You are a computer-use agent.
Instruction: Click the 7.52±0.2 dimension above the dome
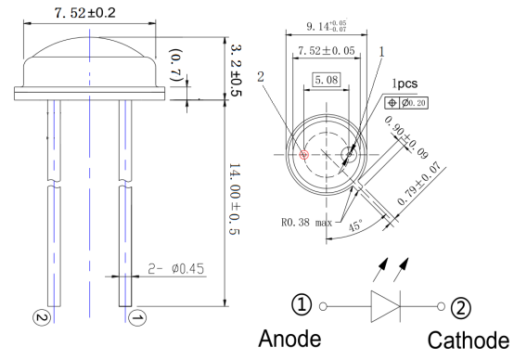[85, 13]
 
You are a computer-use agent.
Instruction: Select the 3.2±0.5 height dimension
[236, 70]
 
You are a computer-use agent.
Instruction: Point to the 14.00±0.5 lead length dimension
[234, 199]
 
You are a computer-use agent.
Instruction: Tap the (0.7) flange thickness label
[176, 66]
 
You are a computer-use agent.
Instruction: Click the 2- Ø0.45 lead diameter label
[176, 269]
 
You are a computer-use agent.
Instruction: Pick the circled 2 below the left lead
[42, 317]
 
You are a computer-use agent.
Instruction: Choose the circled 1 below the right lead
[137, 317]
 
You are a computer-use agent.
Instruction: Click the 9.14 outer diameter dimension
[327, 26]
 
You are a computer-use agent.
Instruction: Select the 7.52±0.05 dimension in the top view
[327, 51]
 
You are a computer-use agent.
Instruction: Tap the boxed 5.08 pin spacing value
[327, 80]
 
